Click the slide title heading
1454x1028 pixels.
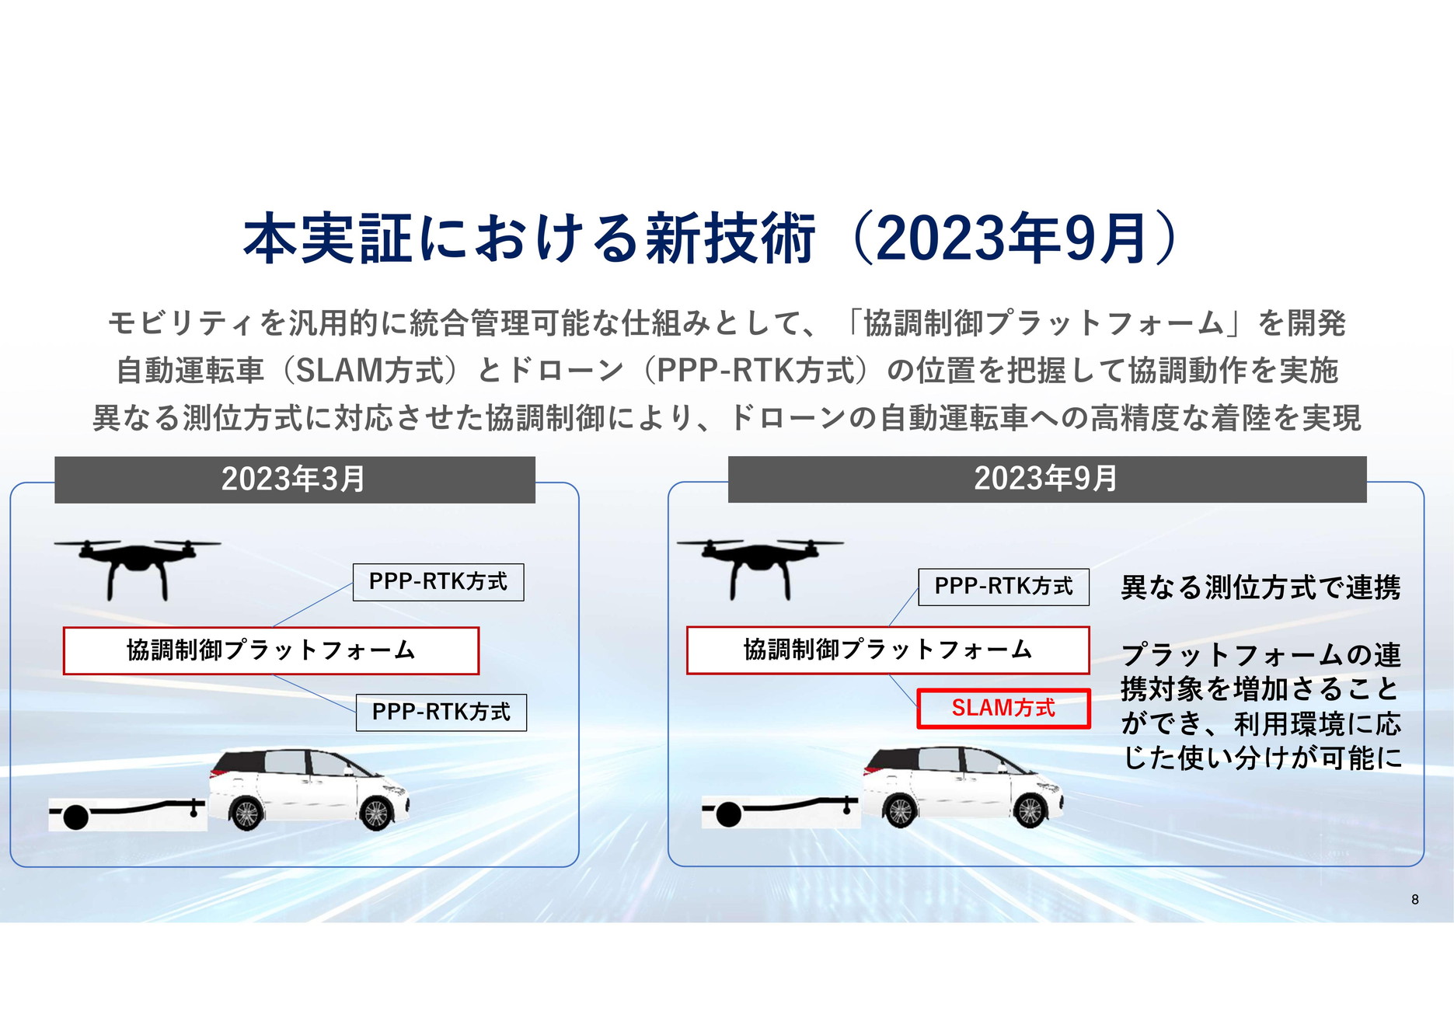[x=711, y=238]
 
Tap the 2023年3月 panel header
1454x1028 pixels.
[x=295, y=479]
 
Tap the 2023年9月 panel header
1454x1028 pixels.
[x=1046, y=479]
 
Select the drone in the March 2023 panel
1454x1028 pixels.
[x=138, y=566]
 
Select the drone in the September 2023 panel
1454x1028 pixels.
[x=760, y=566]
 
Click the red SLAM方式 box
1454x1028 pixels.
[x=1003, y=708]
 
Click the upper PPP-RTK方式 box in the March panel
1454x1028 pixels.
[x=438, y=582]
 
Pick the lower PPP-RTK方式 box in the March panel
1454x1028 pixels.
[x=441, y=712]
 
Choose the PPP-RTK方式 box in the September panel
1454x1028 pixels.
[x=1003, y=587]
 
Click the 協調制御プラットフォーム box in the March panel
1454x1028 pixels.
[x=271, y=650]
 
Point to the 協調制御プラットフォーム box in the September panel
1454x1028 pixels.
[x=887, y=650]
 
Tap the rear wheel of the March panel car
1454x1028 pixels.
[x=246, y=814]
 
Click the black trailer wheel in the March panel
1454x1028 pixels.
[x=75, y=817]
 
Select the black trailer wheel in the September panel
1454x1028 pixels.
[x=728, y=815]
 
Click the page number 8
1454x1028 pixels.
[x=1415, y=899]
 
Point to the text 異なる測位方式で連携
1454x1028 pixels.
[x=1260, y=587]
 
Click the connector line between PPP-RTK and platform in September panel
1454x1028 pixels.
[x=903, y=608]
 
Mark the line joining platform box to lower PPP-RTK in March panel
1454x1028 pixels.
[x=315, y=693]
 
